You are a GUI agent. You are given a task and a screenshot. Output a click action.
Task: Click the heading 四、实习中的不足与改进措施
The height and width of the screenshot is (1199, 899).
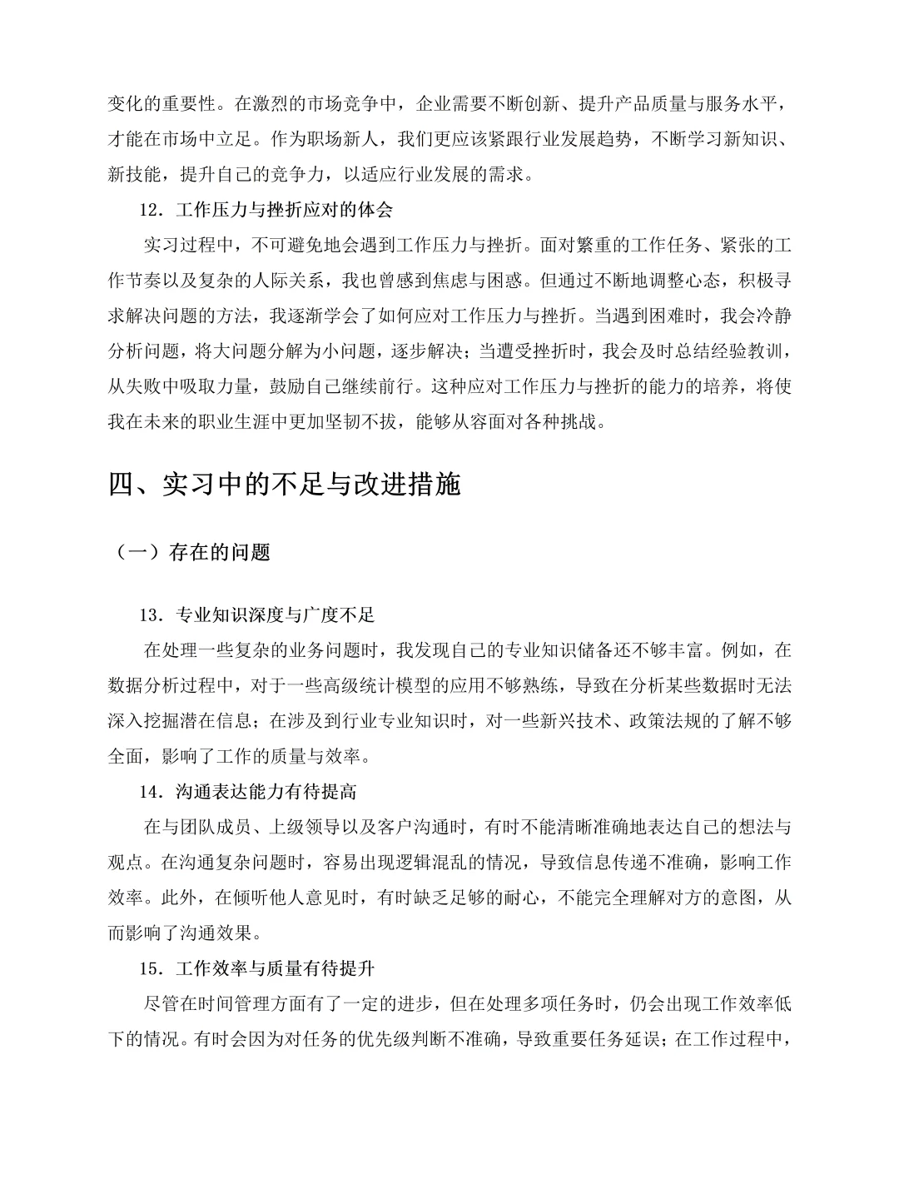coord(285,485)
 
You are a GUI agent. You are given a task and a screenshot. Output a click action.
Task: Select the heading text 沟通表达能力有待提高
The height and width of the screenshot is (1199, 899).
coord(266,791)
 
